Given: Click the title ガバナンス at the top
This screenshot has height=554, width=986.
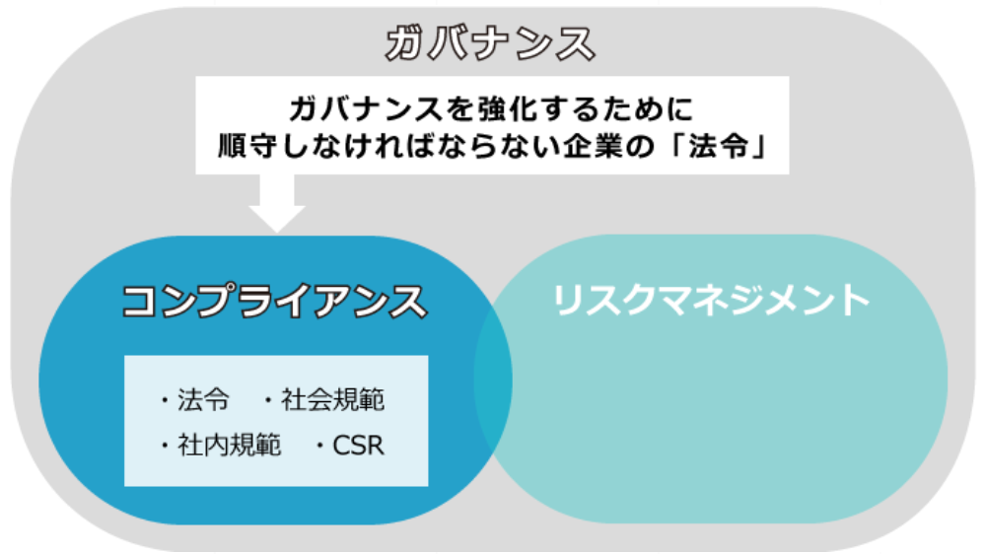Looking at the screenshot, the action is click(x=490, y=44).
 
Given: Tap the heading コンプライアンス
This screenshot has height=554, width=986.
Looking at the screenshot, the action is click(x=274, y=301).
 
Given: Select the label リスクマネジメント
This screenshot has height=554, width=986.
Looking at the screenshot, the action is click(x=711, y=300).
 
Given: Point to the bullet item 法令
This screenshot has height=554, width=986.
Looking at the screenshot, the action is click(x=203, y=400).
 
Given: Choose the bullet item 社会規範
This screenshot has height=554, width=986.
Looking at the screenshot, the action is click(x=332, y=400).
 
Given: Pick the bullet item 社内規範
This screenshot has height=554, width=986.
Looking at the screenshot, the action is click(x=229, y=446).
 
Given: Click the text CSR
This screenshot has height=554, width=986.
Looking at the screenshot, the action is click(x=358, y=446).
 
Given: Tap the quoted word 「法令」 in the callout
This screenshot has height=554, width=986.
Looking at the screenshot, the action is click(x=718, y=147).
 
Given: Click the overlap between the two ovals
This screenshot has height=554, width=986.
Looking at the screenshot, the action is click(x=493, y=380).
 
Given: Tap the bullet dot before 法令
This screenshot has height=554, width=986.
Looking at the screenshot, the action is click(x=165, y=400).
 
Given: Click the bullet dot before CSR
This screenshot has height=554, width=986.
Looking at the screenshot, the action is click(x=320, y=446).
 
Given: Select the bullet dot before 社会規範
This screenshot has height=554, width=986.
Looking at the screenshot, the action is click(x=268, y=400).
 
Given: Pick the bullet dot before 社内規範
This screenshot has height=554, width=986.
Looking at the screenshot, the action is click(x=165, y=446).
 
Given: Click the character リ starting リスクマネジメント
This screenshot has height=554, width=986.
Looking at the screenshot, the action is click(x=568, y=300).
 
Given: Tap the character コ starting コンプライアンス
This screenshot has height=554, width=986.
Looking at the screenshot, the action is click(x=139, y=301).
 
